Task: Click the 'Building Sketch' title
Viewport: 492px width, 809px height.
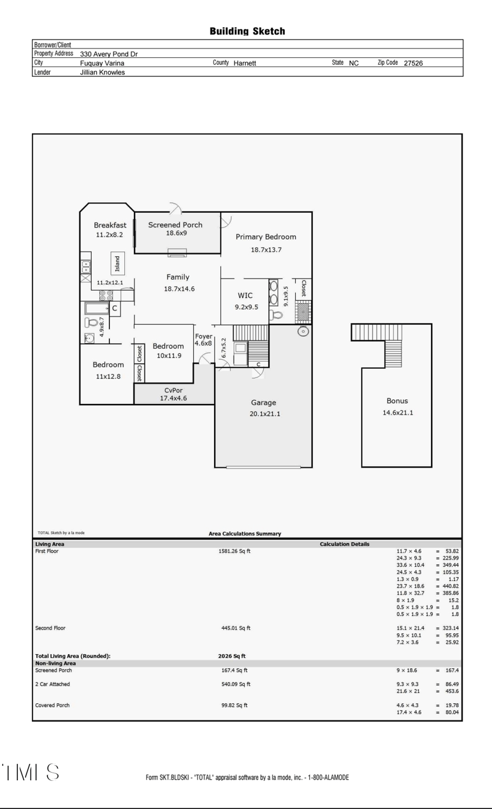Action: point(247,31)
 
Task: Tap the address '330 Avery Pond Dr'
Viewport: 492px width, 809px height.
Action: point(109,54)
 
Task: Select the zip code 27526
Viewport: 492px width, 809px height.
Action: point(413,63)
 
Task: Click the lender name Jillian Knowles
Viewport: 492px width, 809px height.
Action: point(102,72)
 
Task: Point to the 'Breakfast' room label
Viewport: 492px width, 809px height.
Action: point(109,225)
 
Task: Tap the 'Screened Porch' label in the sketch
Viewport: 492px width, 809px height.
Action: point(175,225)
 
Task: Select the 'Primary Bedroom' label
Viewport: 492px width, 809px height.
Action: point(266,237)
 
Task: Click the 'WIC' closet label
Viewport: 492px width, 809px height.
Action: point(245,296)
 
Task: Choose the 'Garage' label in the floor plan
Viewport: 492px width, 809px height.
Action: point(263,403)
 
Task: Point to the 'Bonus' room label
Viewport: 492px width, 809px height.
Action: point(397,401)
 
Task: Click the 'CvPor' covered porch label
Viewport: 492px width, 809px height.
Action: point(173,390)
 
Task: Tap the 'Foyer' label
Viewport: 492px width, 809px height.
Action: point(203,336)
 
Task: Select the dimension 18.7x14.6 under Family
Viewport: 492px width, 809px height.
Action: point(179,288)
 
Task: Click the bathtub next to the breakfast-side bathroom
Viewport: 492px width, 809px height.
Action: point(96,309)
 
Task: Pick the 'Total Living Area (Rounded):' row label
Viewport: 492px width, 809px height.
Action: point(73,656)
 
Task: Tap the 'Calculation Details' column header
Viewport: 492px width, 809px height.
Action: point(344,544)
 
